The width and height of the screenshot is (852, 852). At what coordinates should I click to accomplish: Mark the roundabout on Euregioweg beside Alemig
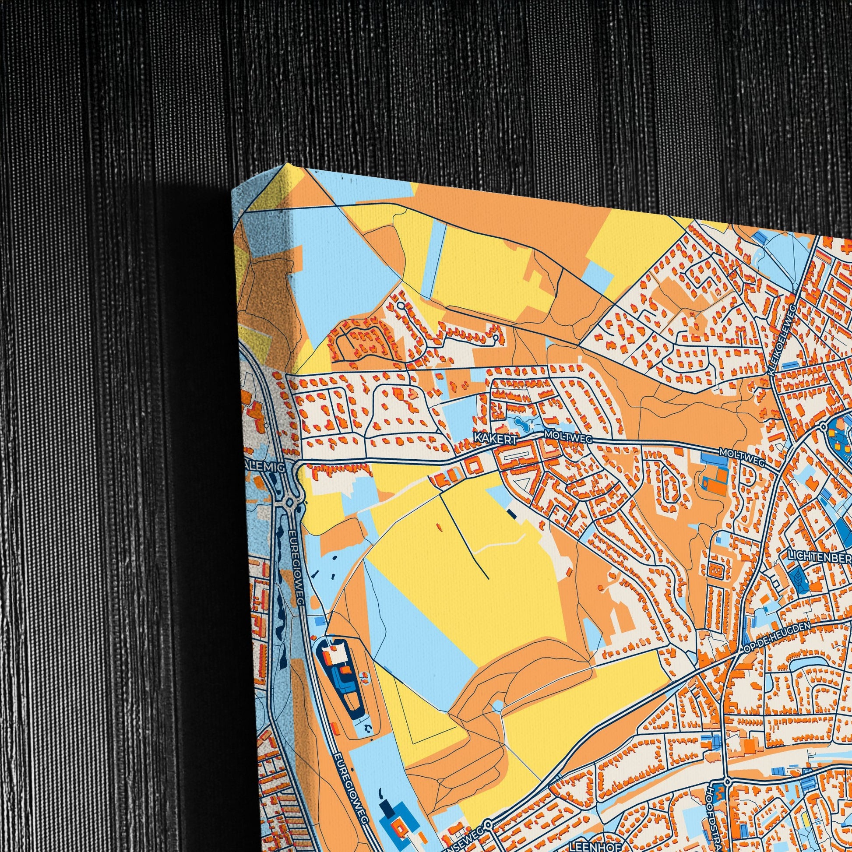289,502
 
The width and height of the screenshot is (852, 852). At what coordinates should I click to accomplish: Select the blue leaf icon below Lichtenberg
798,576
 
